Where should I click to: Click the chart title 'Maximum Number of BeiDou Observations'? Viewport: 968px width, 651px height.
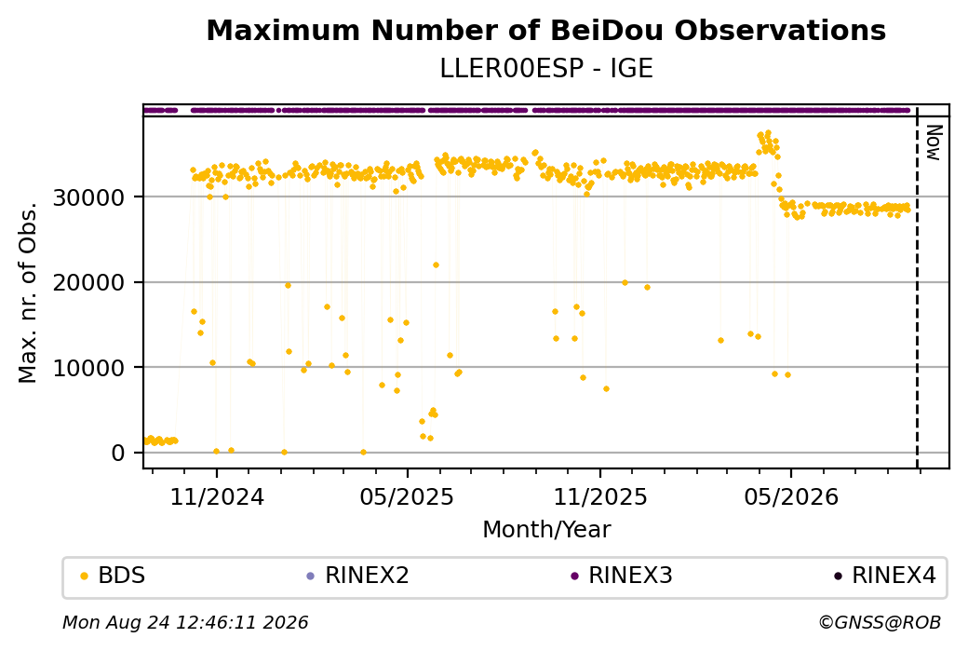545,30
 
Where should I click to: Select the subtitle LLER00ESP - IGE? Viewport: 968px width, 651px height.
545,69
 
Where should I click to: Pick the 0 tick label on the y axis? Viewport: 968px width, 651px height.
118,454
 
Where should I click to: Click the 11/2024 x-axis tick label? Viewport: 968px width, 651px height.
217,496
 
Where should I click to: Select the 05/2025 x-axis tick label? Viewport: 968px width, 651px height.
407,496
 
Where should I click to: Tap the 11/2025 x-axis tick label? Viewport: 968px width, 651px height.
600,496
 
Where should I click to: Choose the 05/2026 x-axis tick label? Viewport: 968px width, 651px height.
791,496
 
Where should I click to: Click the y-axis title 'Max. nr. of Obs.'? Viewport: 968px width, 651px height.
28,292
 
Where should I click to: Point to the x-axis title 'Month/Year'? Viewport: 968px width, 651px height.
546,529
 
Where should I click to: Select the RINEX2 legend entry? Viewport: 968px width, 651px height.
358,576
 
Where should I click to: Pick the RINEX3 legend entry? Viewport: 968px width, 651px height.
622,576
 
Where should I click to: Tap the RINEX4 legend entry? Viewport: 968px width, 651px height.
885,576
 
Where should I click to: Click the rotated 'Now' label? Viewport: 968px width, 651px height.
934,142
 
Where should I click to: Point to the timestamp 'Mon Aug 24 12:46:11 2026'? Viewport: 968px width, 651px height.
185,622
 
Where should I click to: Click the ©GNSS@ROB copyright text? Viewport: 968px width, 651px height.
880,622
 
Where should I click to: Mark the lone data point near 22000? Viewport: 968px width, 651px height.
436,265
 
